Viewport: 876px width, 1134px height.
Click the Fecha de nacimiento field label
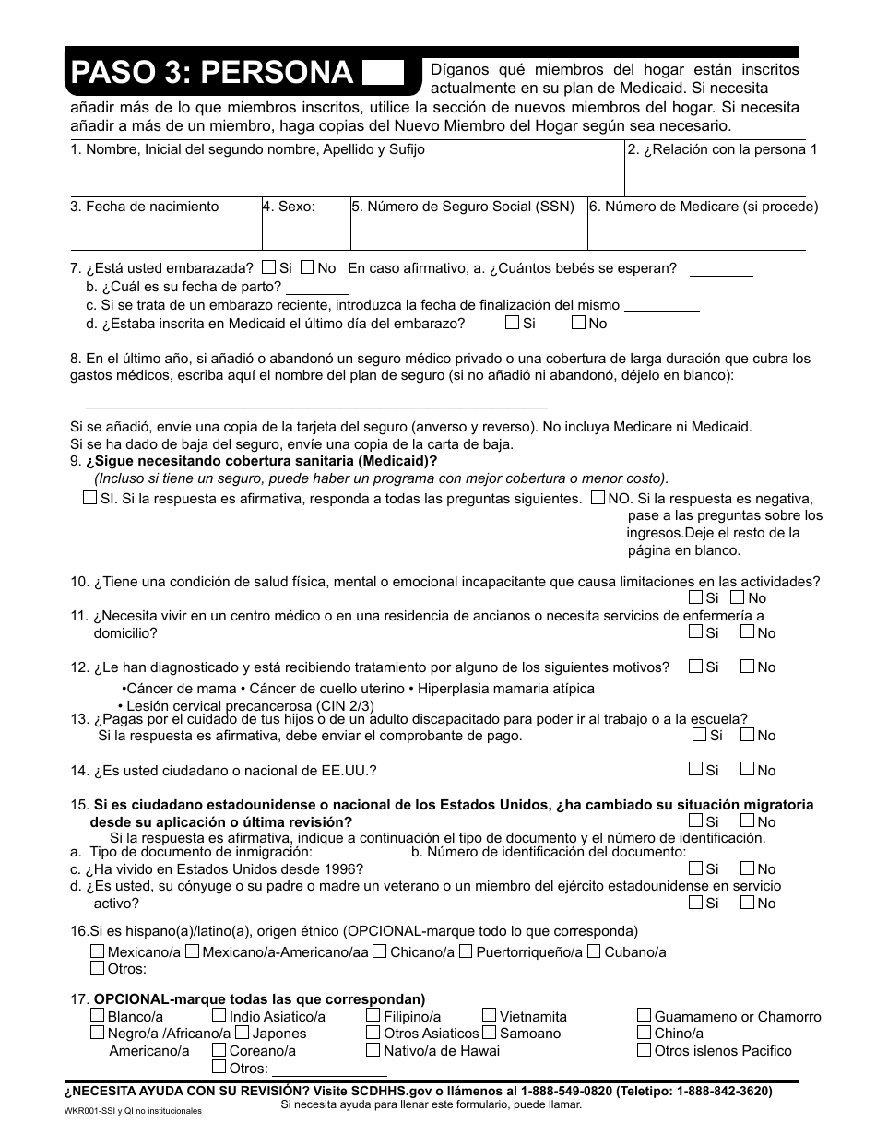[x=145, y=207]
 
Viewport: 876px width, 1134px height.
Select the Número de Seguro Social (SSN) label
[x=463, y=207]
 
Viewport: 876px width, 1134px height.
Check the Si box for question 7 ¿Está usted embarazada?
[x=268, y=268]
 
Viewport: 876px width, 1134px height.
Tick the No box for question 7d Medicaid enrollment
[x=578, y=323]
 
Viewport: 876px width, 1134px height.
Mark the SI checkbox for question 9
[x=89, y=498]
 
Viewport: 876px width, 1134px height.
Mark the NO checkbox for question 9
[x=598, y=498]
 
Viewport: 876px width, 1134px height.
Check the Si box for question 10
[x=695, y=598]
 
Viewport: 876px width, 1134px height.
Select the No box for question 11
[x=747, y=632]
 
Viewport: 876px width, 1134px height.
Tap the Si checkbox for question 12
[x=695, y=667]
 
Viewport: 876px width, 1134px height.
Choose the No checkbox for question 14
[x=747, y=770]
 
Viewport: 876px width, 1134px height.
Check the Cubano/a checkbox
[x=594, y=951]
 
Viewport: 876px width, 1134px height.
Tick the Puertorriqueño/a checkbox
[x=466, y=951]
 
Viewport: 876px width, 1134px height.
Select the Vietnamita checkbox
[x=490, y=1016]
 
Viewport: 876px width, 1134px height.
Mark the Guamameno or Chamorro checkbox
[x=645, y=1016]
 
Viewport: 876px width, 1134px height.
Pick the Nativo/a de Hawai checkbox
[x=373, y=1050]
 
